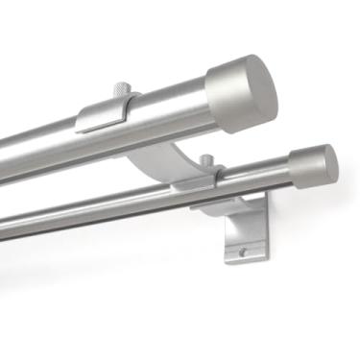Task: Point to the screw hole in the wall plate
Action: point(243,252)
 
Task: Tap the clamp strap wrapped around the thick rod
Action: point(106,113)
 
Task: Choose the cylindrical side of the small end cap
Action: point(305,167)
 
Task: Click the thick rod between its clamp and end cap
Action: point(173,108)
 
